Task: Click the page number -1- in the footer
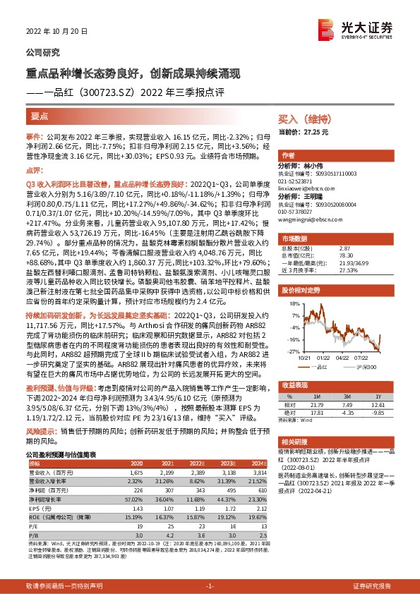click(x=210, y=586)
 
